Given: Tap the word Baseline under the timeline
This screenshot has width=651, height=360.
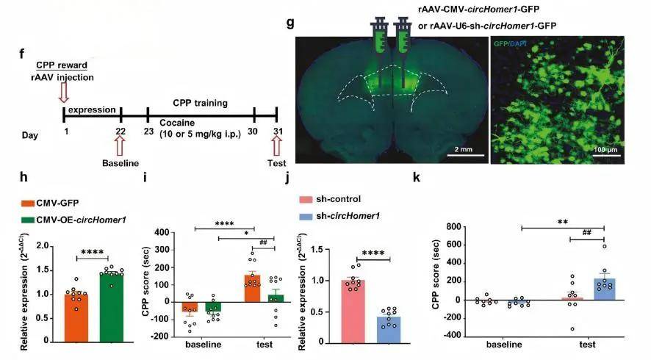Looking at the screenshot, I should [121, 161].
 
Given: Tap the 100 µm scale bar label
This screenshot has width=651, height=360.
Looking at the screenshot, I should [611, 150].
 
